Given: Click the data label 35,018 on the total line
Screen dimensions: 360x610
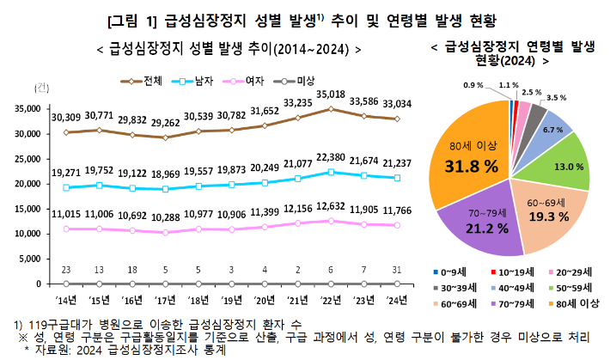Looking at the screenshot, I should click(x=331, y=95).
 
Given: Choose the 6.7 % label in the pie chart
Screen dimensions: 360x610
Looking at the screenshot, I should click(x=552, y=130).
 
